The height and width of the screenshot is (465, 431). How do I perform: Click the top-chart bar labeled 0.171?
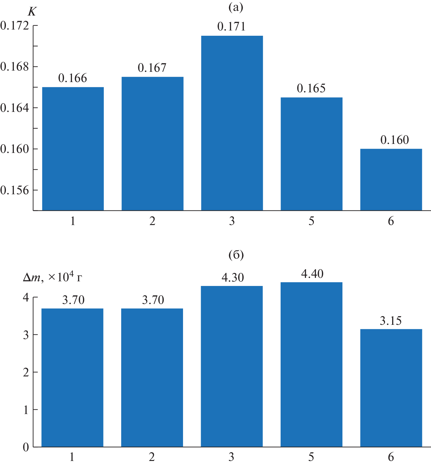click(232, 123)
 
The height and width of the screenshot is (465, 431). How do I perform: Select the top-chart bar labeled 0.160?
click(391, 180)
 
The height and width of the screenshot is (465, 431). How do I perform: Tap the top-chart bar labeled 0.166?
click(73, 149)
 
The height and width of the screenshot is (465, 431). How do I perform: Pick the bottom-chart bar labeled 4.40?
click(311, 364)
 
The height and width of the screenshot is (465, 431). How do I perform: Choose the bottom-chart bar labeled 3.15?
click(391, 388)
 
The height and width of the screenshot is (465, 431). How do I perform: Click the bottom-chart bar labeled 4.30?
click(232, 366)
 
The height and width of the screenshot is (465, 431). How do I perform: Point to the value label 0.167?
click(152, 68)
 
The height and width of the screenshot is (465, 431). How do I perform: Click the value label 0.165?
click(311, 89)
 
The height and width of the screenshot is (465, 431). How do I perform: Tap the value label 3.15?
click(391, 321)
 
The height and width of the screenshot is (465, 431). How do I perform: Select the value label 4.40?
click(312, 274)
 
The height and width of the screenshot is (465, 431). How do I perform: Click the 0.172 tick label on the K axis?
click(15, 25)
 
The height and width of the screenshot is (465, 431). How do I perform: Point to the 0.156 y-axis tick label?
click(15, 190)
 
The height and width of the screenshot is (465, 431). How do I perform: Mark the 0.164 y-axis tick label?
click(15, 108)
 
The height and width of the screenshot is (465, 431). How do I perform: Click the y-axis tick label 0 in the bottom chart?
click(26, 447)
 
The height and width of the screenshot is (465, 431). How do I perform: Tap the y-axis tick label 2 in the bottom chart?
click(26, 372)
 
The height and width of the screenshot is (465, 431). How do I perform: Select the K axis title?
click(32, 12)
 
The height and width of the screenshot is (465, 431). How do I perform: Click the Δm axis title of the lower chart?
click(53, 277)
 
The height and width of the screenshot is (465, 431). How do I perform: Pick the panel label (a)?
click(236, 7)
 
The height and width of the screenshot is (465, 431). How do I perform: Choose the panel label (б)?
click(236, 255)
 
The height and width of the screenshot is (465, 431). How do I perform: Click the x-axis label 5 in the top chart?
click(311, 221)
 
